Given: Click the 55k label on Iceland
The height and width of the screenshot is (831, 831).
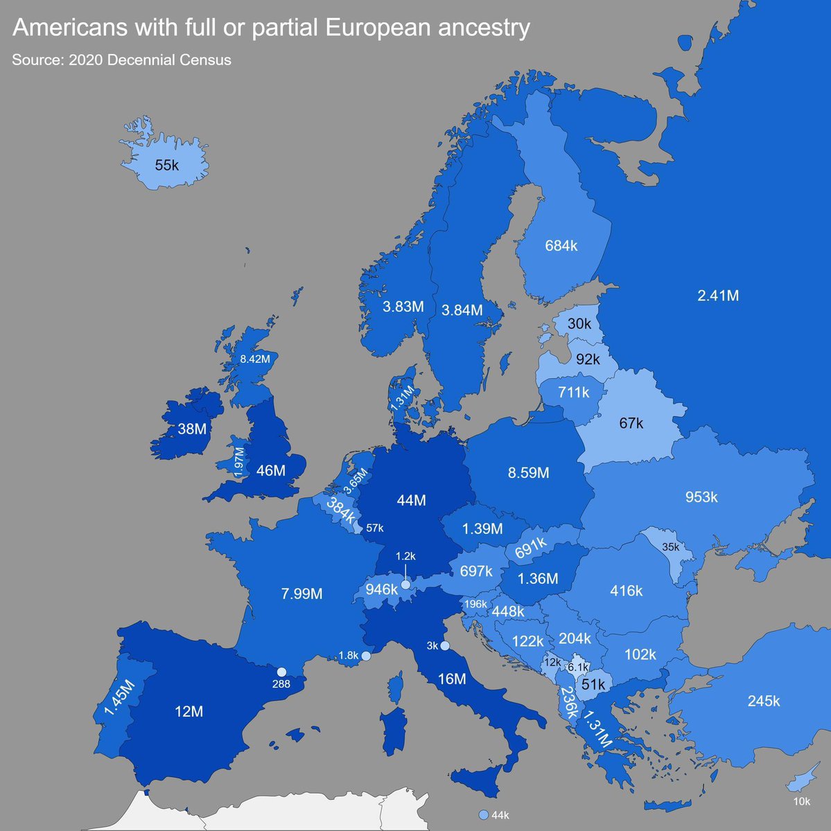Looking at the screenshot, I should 166,166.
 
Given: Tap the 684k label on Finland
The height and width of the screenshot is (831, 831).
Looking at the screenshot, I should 561,246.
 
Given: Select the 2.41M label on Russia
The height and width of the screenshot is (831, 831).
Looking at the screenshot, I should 718,296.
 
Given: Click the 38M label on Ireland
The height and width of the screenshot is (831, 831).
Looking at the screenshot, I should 192,429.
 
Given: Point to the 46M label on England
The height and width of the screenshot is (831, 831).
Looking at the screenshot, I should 270,471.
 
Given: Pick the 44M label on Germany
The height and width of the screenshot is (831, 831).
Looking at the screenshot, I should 411,500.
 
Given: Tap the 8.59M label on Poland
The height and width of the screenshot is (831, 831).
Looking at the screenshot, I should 528,473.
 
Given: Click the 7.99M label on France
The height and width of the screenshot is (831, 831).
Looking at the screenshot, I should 301,593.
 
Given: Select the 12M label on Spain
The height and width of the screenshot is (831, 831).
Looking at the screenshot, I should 189,711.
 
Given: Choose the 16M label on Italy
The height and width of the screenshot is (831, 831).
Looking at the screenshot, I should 452,679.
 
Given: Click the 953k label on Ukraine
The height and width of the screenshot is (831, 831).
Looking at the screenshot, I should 701,497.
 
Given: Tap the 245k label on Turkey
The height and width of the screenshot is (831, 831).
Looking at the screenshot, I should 763,701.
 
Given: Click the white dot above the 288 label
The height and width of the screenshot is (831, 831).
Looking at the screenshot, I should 281,672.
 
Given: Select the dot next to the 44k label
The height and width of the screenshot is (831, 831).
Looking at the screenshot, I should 483,815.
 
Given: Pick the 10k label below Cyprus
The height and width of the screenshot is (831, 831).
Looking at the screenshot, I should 801,802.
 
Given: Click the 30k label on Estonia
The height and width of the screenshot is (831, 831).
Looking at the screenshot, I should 579,323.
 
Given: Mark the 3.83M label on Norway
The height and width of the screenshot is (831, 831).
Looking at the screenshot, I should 403,307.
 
